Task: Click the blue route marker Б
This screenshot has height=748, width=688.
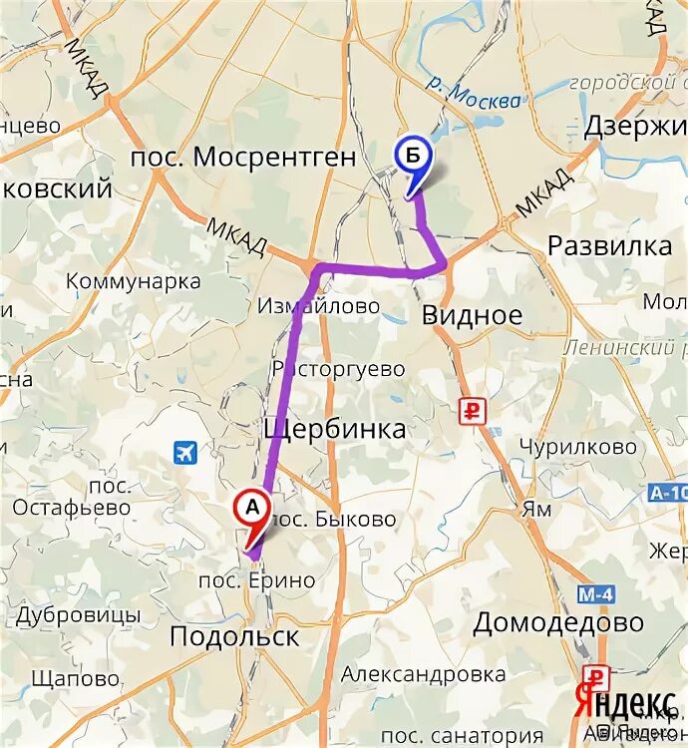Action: click(x=412, y=156)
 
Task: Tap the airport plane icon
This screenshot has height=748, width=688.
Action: click(x=185, y=452)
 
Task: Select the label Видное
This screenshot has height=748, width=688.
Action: click(x=472, y=316)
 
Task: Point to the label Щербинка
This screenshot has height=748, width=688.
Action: click(x=334, y=429)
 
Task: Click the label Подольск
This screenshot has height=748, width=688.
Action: click(x=234, y=636)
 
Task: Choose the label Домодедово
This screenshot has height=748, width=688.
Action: click(x=557, y=623)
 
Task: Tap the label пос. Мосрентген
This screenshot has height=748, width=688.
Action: click(x=244, y=157)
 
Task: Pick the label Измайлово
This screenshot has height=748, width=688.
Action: click(x=318, y=306)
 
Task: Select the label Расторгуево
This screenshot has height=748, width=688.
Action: click(x=338, y=369)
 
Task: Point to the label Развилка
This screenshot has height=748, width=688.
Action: click(x=609, y=246)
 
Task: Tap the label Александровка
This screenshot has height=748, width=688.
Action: click(x=423, y=674)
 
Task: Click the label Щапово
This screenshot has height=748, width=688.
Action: click(x=76, y=678)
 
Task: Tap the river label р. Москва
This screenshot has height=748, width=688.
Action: click(x=471, y=95)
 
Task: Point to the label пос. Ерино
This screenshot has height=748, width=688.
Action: click(x=257, y=580)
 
